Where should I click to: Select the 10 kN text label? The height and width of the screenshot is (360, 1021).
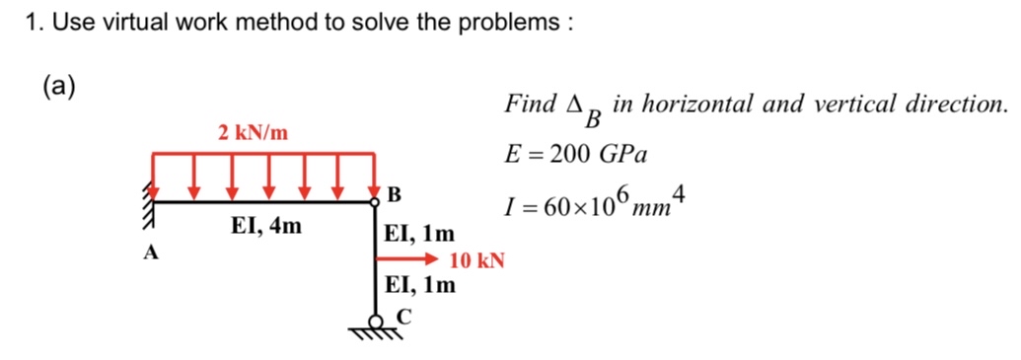click(476, 261)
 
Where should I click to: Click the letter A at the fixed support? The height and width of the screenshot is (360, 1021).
click(151, 252)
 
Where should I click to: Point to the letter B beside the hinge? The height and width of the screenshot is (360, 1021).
click(396, 192)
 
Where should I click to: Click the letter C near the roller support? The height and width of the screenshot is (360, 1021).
click(401, 316)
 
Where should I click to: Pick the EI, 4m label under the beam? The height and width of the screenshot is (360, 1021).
click(267, 227)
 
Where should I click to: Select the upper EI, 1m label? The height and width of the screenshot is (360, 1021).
click(419, 236)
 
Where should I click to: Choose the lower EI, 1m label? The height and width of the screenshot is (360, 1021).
click(419, 286)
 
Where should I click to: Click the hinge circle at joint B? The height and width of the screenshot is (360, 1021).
click(376, 201)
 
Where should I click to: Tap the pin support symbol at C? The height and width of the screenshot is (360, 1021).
click(376, 324)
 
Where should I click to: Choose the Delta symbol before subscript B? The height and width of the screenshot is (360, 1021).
click(573, 104)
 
